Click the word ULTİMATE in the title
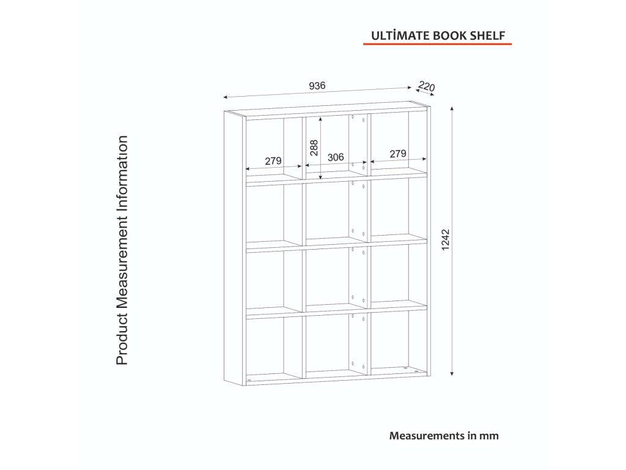coord(391,35)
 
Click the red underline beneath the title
coord(437,45)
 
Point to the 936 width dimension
coord(317,86)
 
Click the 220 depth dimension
coord(426,87)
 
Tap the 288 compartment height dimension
coord(314,148)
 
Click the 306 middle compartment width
coord(336,157)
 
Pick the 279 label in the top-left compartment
coord(273,161)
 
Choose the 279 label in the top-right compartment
coord(397,154)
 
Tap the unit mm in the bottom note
coord(490,436)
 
